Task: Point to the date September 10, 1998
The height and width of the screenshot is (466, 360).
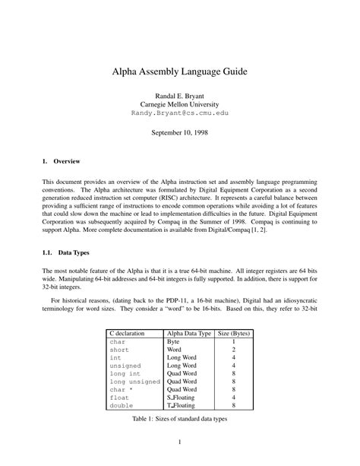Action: pyautogui.click(x=180, y=132)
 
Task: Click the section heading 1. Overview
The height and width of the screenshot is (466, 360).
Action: pyautogui.click(x=56, y=161)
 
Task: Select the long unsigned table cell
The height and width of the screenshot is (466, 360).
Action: pyautogui.click(x=134, y=381)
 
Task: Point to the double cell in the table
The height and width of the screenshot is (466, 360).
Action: pyautogui.click(x=122, y=405)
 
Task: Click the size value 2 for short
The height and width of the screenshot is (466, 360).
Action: pyautogui.click(x=234, y=350)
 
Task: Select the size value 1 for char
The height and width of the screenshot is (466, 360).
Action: pyautogui.click(x=234, y=343)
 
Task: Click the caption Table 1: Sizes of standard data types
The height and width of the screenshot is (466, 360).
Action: pyautogui.click(x=180, y=418)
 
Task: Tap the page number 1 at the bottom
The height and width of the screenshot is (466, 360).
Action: pyautogui.click(x=180, y=443)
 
